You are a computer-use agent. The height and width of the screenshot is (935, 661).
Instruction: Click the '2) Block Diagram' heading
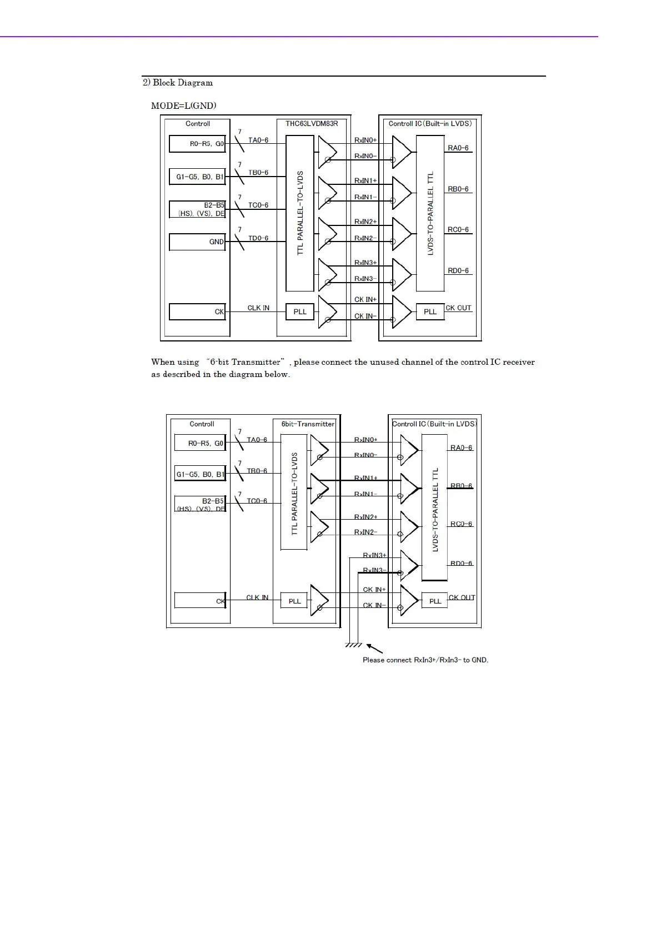[x=178, y=83]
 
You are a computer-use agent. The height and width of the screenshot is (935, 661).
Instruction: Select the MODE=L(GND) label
[x=184, y=105]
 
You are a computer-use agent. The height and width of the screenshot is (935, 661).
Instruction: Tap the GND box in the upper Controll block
[x=197, y=242]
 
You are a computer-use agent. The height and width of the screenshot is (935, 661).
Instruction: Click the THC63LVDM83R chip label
[x=312, y=123]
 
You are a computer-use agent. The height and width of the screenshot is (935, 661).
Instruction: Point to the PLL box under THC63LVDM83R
[x=300, y=311]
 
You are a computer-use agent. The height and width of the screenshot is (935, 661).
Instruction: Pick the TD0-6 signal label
[x=258, y=238]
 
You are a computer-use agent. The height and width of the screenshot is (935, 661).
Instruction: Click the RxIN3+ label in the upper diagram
[x=365, y=263]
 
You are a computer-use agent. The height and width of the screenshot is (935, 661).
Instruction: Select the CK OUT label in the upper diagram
[x=458, y=308]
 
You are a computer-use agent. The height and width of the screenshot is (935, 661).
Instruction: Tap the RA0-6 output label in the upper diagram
[x=458, y=148]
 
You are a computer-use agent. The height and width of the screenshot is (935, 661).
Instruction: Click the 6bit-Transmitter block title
[x=308, y=424]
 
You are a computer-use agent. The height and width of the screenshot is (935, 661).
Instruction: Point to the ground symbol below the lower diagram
[x=353, y=645]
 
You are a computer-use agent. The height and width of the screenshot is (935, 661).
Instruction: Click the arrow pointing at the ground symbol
[x=375, y=648]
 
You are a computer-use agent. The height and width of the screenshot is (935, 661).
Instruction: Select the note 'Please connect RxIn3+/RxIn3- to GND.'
[x=425, y=660]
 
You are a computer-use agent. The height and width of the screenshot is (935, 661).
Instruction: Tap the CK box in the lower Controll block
[x=200, y=601]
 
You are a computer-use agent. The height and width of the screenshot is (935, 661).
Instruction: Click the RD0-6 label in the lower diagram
[x=462, y=564]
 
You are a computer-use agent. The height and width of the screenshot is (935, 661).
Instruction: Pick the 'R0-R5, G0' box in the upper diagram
[x=197, y=144]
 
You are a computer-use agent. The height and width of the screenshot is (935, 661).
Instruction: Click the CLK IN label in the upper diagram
[x=258, y=308]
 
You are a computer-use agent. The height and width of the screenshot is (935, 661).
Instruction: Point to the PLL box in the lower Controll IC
[x=435, y=601]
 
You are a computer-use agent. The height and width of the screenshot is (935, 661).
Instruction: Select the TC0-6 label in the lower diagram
[x=257, y=501]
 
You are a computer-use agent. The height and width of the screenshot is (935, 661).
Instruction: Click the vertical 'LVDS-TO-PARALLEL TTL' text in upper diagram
[x=430, y=213]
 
